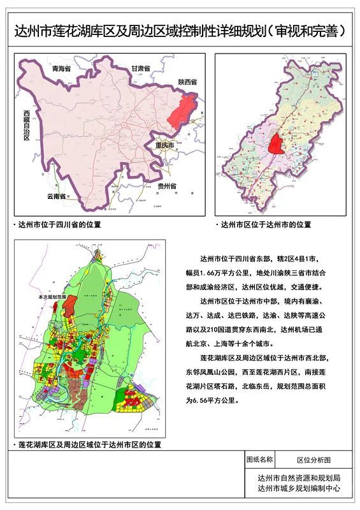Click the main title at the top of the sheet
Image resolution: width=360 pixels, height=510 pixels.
click(180, 31)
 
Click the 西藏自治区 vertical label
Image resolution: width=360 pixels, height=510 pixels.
click(27, 126)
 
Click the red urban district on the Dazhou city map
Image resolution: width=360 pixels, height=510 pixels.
click(277, 144)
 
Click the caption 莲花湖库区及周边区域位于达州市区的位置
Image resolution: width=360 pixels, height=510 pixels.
click(89, 444)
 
